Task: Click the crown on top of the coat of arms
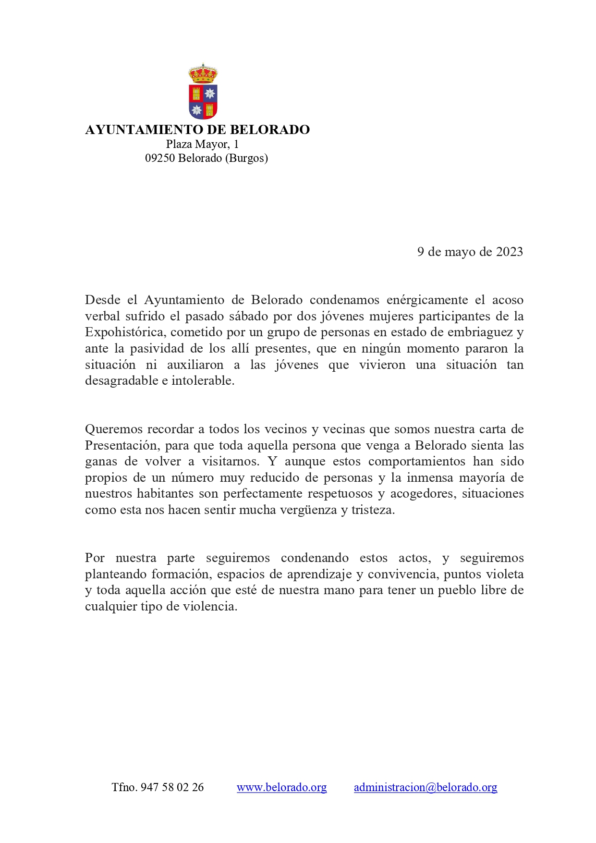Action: point(203,74)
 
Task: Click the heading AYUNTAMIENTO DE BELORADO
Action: point(197,130)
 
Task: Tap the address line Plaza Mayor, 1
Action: point(202,144)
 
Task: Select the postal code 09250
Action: point(160,158)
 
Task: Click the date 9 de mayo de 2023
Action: point(470,252)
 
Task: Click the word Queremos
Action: point(113,429)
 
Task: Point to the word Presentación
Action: point(122,445)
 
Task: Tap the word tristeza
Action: point(373,510)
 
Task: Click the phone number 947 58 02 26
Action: point(172,787)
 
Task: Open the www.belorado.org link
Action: point(281,787)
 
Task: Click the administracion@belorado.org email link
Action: point(425,787)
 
